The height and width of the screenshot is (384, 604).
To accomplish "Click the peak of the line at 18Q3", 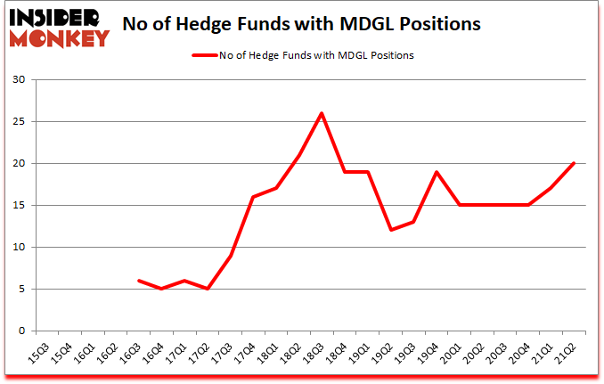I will (x=321, y=113).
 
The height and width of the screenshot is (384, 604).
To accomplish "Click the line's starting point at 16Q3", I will (x=138, y=280).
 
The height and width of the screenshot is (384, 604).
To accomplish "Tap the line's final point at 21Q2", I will (x=574, y=163).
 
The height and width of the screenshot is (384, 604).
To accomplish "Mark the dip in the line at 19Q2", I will (x=390, y=230).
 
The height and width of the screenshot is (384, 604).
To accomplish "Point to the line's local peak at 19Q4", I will (x=437, y=172).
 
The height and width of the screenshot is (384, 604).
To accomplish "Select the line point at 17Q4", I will (x=253, y=197).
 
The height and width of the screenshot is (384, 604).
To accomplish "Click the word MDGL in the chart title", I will (x=382, y=25).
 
